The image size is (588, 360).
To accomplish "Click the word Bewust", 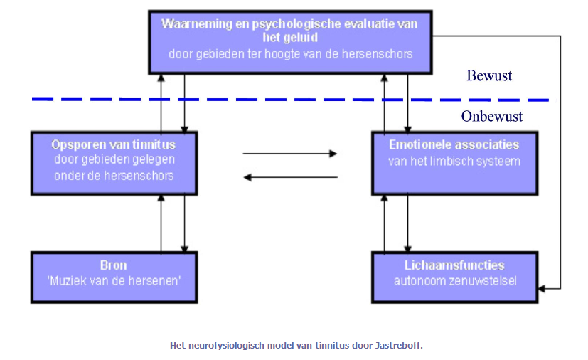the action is tap(489, 76).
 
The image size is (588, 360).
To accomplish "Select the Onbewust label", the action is tap(491, 117).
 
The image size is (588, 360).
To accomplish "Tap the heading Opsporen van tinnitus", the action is tap(113, 144).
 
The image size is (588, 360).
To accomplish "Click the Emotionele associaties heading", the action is tap(454, 144).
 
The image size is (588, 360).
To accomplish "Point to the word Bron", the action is tap(113, 265).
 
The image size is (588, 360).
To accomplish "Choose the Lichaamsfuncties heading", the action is tap(454, 265).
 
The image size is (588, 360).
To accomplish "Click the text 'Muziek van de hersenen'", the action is tap(114, 281).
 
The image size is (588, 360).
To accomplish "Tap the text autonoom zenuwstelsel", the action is tap(455, 281).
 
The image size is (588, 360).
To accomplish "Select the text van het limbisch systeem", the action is tap(454, 162).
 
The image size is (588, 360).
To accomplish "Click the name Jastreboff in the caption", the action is tap(399, 345).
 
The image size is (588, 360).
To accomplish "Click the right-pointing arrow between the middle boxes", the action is tap(290, 154).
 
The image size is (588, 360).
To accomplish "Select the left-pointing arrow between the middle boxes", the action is tap(291, 177).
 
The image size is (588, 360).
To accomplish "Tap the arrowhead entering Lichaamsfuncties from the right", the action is tap(542, 289).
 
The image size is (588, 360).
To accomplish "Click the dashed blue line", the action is tap(291, 100).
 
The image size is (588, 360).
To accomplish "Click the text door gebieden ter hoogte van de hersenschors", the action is tap(291, 54).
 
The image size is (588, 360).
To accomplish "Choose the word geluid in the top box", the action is tap(300, 38).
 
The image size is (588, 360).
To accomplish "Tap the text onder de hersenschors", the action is tap(114, 176).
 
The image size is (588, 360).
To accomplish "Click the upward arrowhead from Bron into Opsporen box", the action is tap(161, 198).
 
